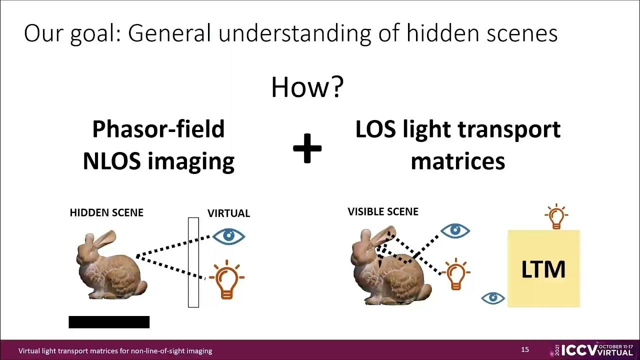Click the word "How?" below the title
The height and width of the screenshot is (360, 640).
(x=307, y=87)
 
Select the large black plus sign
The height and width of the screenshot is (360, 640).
(x=307, y=148)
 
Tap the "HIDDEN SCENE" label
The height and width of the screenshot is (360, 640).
(x=106, y=212)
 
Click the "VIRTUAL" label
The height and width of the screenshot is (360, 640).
(x=228, y=213)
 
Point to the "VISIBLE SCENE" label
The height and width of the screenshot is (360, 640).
(x=383, y=211)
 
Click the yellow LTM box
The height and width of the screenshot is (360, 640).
(x=543, y=268)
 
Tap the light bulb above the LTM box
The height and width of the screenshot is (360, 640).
(x=556, y=216)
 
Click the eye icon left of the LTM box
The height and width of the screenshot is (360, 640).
(x=493, y=298)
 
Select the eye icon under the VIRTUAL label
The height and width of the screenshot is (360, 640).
(x=228, y=236)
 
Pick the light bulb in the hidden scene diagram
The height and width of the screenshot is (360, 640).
(x=226, y=279)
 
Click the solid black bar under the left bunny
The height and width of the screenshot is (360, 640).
(x=109, y=322)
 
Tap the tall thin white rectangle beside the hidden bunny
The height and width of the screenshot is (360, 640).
(x=193, y=262)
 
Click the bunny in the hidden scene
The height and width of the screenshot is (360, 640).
(x=110, y=265)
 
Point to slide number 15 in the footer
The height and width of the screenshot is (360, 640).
(x=525, y=349)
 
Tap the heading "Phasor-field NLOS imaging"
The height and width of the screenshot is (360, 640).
(x=158, y=145)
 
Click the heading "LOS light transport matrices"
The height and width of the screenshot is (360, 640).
(x=457, y=145)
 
